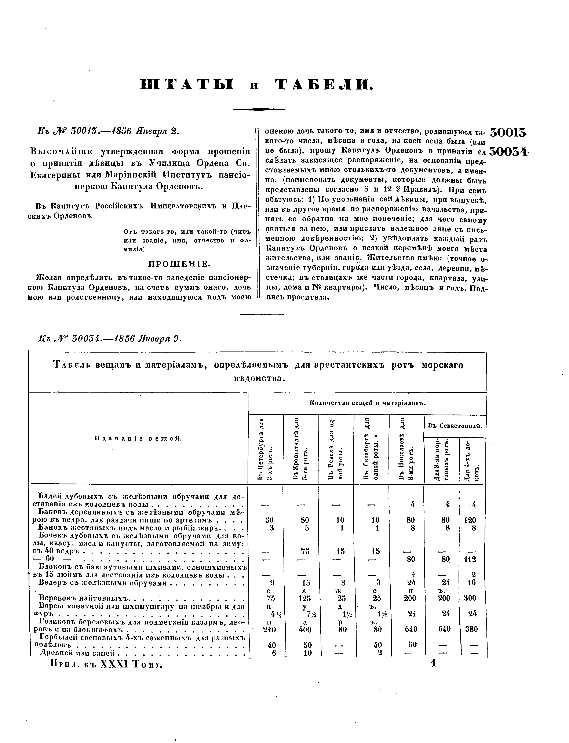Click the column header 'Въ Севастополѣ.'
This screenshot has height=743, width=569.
tap(455, 426)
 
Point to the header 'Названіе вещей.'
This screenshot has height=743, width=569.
tap(139, 438)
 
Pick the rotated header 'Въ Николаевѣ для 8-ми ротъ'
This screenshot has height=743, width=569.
tap(406, 449)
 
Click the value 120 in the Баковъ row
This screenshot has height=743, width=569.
tap(470, 520)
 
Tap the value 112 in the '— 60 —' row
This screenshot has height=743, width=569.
tap(470, 560)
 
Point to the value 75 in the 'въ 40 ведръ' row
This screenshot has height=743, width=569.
tap(305, 551)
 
